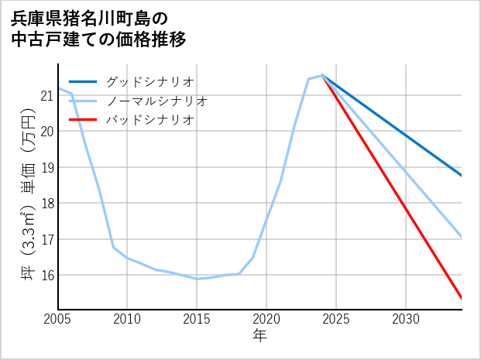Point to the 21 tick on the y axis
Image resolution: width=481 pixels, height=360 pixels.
(46, 95)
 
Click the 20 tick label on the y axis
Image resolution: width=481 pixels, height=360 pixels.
(46, 132)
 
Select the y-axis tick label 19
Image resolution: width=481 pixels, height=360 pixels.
(46, 167)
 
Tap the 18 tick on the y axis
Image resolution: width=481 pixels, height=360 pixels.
(46, 203)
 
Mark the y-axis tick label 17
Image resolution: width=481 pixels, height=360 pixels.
(46, 239)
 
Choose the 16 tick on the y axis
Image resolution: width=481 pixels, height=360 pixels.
(46, 275)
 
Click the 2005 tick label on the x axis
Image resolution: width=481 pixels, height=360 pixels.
(58, 319)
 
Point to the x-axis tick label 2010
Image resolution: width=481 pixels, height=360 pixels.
(127, 319)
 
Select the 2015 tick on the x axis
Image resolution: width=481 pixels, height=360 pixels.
(197, 319)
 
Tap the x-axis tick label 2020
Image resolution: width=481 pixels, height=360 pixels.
(266, 319)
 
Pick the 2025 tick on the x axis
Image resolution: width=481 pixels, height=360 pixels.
(336, 319)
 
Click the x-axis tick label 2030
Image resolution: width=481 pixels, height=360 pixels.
(406, 319)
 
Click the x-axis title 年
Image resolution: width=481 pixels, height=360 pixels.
(259, 336)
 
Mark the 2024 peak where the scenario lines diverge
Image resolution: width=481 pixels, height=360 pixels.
(322, 75)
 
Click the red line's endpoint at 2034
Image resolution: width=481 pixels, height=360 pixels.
(462, 298)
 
